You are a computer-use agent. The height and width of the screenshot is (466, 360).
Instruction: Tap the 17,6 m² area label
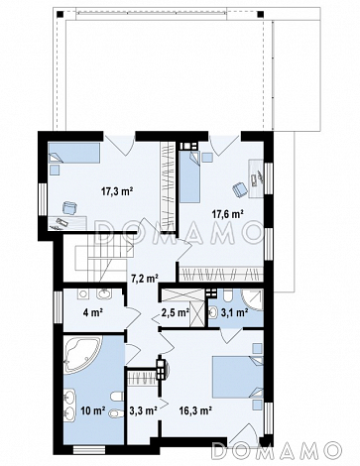coord(228,214)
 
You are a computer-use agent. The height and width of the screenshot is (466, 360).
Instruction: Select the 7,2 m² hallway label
coord(143,279)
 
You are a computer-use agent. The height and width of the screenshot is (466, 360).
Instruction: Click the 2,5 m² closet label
coord(176,311)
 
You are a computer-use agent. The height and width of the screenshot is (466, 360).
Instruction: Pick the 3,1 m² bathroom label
coord(235,311)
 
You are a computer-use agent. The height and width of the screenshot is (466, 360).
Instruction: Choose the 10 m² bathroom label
coord(93,410)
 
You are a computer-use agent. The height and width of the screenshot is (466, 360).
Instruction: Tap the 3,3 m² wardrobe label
coord(143,410)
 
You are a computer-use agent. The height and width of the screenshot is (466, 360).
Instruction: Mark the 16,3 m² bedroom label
coord(195,410)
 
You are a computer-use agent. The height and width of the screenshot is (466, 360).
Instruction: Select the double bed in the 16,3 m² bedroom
coord(238,377)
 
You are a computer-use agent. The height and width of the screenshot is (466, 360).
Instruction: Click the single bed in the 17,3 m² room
coord(74,153)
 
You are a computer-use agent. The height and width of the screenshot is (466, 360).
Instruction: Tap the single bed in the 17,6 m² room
coord(189,176)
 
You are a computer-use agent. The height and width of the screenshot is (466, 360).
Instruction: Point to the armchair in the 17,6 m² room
coord(240,189)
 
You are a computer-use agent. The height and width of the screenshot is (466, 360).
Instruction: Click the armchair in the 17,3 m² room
coord(69,208)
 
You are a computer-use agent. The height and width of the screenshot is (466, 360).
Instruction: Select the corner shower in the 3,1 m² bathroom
coord(253,299)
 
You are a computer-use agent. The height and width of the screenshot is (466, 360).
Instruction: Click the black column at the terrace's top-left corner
coord(60,14)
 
